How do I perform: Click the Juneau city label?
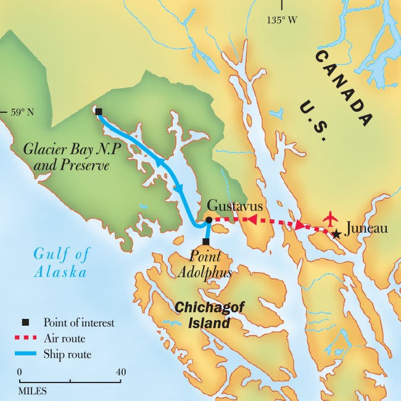[x=368, y=229]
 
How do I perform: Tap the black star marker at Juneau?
[x=336, y=234]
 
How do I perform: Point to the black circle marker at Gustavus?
[x=209, y=220]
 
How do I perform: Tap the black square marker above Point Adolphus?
[x=205, y=241]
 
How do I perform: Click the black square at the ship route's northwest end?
[x=99, y=112]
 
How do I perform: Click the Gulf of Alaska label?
[x=61, y=262]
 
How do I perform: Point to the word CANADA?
[x=344, y=85]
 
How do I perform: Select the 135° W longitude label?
[x=281, y=20]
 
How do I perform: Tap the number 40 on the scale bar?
[x=121, y=372]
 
